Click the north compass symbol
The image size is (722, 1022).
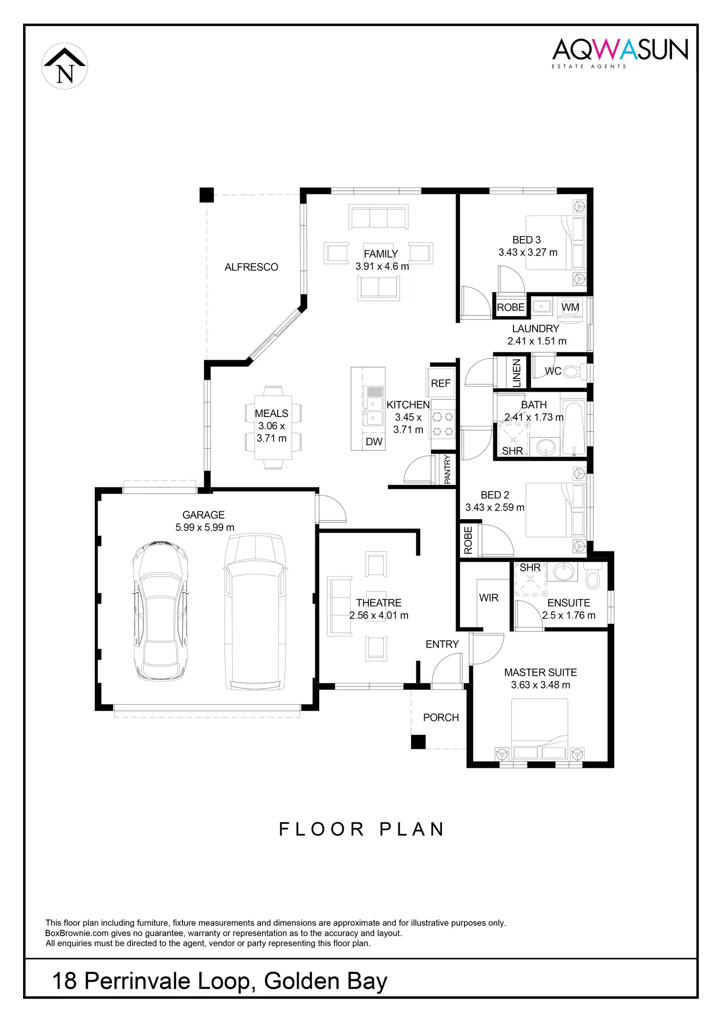point(65,66)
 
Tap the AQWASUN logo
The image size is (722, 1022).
point(620,51)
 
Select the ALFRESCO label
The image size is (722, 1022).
point(251,267)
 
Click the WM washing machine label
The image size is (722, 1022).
point(570,308)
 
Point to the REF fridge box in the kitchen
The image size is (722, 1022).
point(440,383)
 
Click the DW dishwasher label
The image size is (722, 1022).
point(374,442)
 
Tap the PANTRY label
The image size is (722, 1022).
point(447,470)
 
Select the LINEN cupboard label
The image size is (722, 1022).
point(516,373)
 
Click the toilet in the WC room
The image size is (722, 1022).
point(574,371)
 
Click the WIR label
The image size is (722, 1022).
point(489,598)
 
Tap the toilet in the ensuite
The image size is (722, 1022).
point(593,576)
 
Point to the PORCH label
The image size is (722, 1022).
point(441,717)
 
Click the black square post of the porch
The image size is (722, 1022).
point(418,741)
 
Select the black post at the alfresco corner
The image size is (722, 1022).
point(206,195)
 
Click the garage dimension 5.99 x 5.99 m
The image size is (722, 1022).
point(205,527)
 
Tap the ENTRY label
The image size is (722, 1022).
point(442,644)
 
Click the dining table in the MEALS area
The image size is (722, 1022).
point(273,427)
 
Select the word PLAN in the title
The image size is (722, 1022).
point(412,829)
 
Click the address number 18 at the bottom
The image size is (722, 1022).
point(64,981)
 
